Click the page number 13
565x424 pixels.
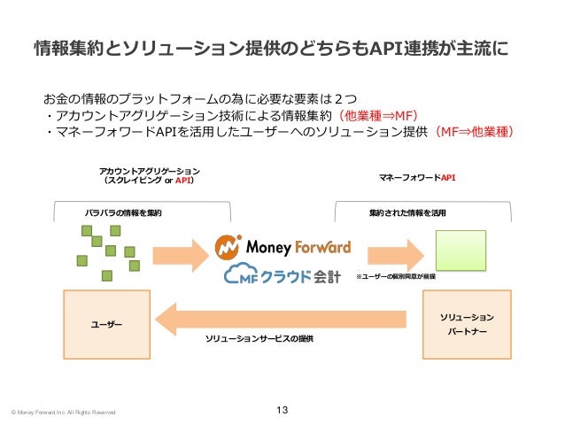pyautogui.click(x=282, y=409)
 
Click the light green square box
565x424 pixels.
pyautogui.click(x=460, y=251)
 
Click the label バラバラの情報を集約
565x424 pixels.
pyautogui.click(x=123, y=213)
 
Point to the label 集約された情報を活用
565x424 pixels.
pyautogui.click(x=408, y=213)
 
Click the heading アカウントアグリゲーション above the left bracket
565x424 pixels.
pyautogui.click(x=149, y=170)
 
